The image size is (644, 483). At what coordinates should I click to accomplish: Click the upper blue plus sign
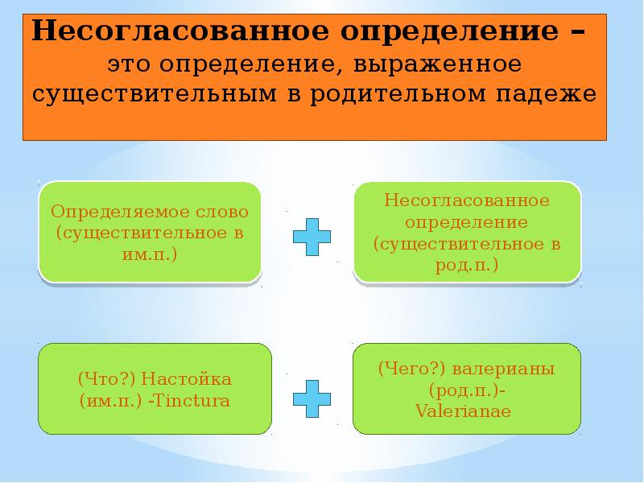click(x=311, y=236)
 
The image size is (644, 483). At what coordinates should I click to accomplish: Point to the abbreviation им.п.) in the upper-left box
click(x=151, y=254)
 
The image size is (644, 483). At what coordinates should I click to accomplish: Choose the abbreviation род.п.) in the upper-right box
click(x=467, y=263)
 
